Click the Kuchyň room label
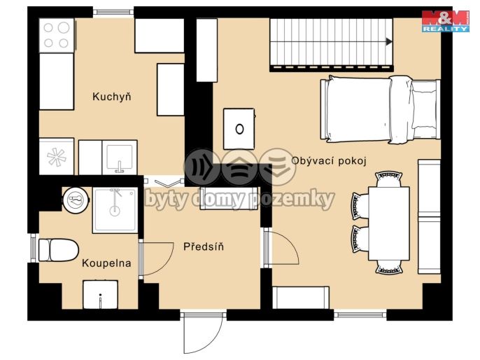click(x=112, y=97)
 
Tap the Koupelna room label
click(x=106, y=263)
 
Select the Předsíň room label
click(x=204, y=246)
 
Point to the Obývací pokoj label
click(x=329, y=160)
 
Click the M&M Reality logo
click(x=446, y=21)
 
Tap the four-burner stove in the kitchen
click(x=57, y=36)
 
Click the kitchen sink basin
click(x=120, y=158)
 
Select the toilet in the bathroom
click(x=58, y=250)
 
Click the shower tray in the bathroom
click(x=115, y=210)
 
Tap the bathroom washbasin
click(x=101, y=295)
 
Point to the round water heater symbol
click(x=76, y=200)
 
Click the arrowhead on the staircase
click(x=389, y=41)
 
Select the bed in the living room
click(x=380, y=109)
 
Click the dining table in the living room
click(x=389, y=223)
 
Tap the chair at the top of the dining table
click(x=389, y=179)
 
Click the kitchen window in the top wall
click(x=113, y=12)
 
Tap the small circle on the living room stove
click(x=239, y=129)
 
